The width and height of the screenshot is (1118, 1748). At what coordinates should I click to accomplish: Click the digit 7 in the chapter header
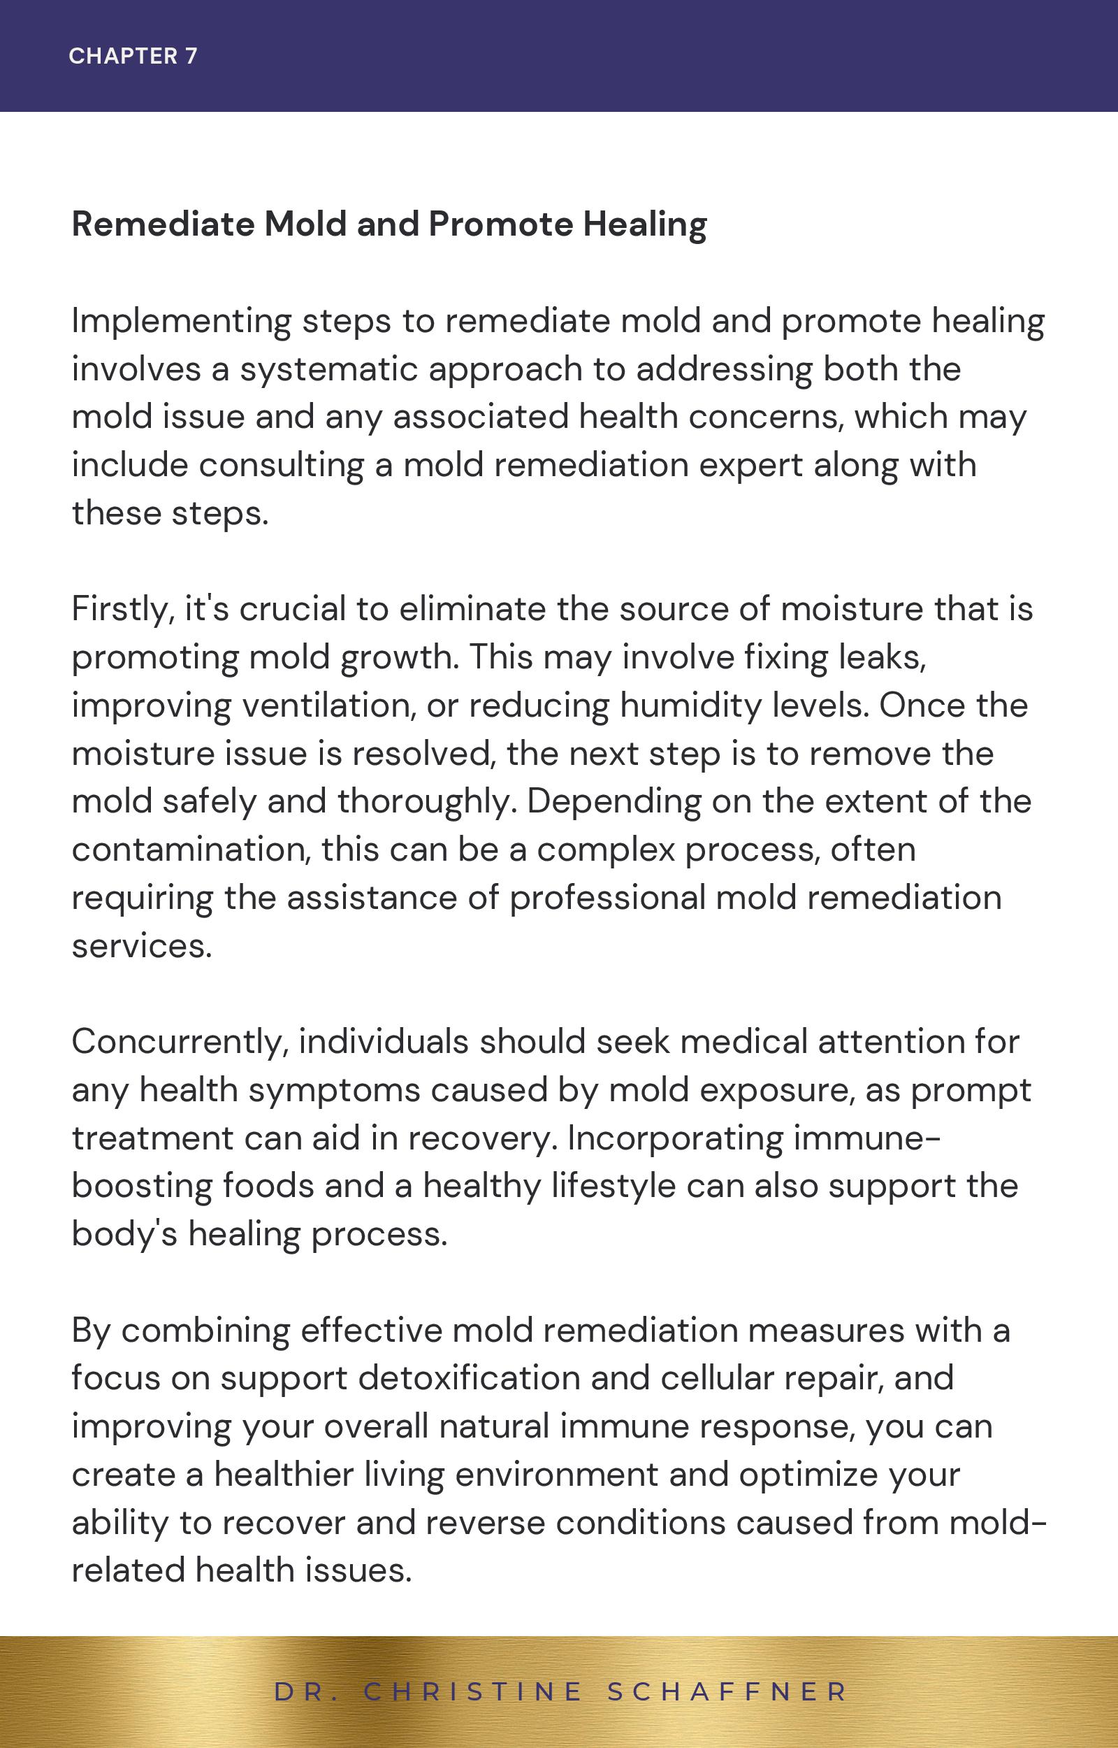pos(191,56)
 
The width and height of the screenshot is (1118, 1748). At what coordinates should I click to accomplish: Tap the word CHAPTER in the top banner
pos(123,56)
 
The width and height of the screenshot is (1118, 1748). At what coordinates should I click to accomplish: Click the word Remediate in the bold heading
pos(163,224)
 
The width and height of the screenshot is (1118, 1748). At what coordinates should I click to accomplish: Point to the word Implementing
pos(181,322)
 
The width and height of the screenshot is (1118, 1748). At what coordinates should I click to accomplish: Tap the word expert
pos(750,466)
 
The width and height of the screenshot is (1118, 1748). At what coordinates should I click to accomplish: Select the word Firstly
pos(123,609)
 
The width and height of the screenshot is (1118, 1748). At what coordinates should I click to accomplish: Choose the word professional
pos(607,898)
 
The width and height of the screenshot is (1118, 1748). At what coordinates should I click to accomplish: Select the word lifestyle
pos(614,1186)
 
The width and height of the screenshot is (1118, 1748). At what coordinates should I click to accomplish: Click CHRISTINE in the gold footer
pos(473,1691)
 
